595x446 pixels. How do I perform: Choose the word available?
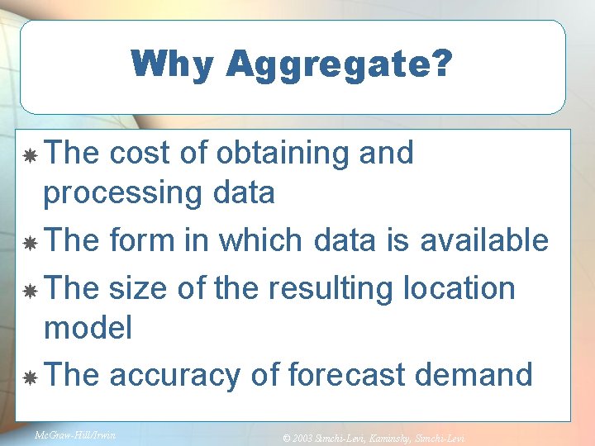(x=484, y=240)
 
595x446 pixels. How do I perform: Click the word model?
(x=88, y=328)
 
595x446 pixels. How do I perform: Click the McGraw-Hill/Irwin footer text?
(x=75, y=433)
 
